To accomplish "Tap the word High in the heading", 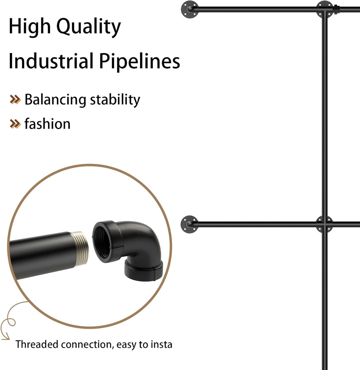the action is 29,26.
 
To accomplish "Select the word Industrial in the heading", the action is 51,61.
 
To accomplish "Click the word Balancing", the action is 55,100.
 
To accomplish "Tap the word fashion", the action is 47,124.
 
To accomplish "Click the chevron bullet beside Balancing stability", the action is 15,100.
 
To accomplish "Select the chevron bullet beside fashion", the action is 15,124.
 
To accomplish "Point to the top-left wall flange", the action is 189,9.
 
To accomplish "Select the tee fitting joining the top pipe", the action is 325,9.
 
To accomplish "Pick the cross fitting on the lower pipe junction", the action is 325,224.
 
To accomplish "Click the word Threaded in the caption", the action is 37,344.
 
